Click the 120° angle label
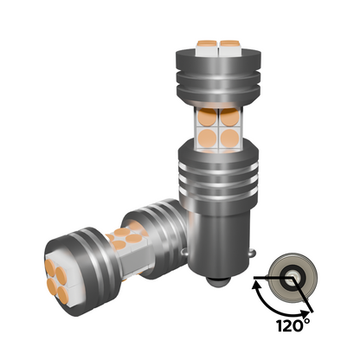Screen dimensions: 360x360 (293, 325)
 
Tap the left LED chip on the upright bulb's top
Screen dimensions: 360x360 (208, 48)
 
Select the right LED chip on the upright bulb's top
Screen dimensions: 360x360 (229, 48)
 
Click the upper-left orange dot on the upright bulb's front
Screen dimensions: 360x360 (208, 117)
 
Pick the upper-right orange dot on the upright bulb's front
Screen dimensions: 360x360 (230, 117)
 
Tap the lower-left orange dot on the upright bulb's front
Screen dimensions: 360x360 (208, 138)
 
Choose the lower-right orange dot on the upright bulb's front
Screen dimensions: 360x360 (230, 138)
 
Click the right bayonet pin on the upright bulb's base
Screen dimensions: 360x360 (253, 254)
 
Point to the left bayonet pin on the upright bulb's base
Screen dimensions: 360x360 (185, 252)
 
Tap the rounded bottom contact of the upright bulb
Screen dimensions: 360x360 (218, 281)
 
